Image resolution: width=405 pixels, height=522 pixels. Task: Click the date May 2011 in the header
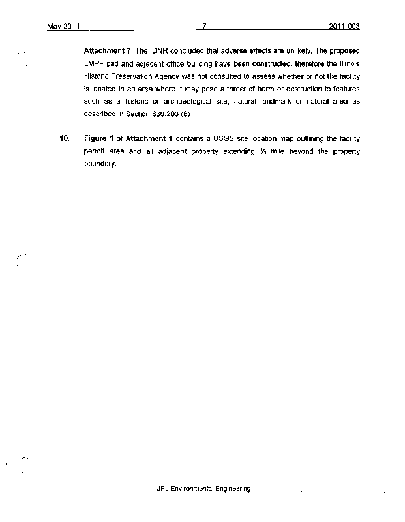click(63, 27)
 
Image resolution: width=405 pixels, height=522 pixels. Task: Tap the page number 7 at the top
click(204, 27)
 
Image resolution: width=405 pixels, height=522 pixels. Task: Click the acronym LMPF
click(95, 63)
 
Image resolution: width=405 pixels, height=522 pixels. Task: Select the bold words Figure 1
click(98, 139)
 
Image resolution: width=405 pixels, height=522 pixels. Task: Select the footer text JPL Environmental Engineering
click(203, 488)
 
